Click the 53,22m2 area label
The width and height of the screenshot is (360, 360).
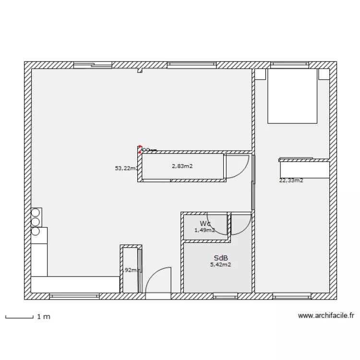click(127, 168)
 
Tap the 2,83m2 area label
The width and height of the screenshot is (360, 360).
click(182, 166)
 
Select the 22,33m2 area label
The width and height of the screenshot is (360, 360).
click(291, 180)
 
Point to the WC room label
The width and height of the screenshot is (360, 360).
click(205, 224)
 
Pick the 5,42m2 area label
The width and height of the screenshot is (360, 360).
click(220, 264)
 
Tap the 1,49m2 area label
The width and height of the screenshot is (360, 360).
click(204, 230)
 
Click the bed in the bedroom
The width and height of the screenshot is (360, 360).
click(292, 96)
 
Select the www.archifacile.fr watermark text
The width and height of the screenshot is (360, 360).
click(326, 316)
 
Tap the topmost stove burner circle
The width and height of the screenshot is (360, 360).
click(35, 212)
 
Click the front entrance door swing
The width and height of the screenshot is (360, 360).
click(158, 281)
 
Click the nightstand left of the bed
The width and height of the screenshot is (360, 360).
click(261, 74)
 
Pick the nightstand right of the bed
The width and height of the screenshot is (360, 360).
click(323, 74)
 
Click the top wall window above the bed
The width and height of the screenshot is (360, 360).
click(290, 65)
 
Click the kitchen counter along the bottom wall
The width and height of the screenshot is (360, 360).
click(75, 284)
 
